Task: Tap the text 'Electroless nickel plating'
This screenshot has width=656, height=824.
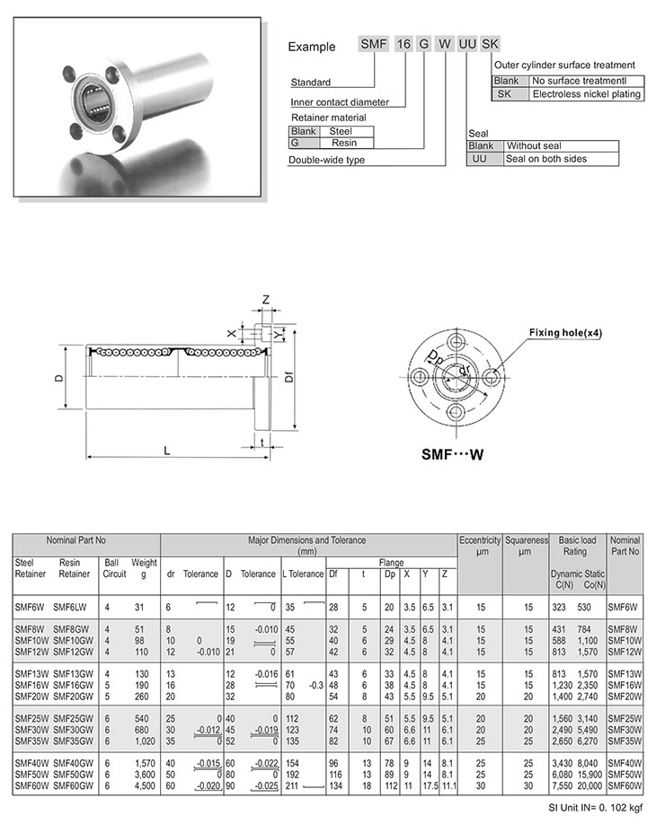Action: click(x=586, y=94)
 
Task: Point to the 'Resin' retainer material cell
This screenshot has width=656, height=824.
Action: click(x=343, y=143)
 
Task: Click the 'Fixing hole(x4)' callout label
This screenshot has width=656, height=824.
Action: click(x=565, y=334)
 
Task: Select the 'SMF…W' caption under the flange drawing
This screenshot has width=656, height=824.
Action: click(x=453, y=454)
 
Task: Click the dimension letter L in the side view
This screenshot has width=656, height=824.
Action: click(x=167, y=450)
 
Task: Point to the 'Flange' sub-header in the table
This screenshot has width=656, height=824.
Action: click(x=391, y=563)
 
